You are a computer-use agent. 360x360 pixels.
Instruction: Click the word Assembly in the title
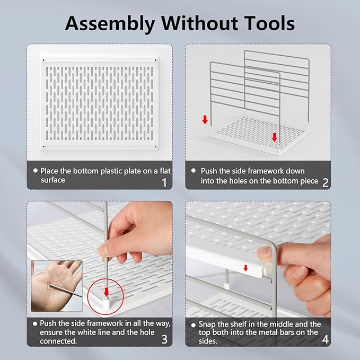pyautogui.click(x=110, y=24)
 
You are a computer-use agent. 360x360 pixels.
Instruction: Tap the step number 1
pyautogui.click(x=164, y=183)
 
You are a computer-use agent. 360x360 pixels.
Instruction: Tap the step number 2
pyautogui.click(x=326, y=183)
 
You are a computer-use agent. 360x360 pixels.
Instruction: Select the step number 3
pyautogui.click(x=164, y=339)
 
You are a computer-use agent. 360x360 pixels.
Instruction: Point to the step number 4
pyautogui.click(x=326, y=339)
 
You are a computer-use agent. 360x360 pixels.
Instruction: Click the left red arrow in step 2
pyautogui.click(x=205, y=120)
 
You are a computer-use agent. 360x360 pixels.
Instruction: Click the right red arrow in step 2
pyautogui.click(x=274, y=137)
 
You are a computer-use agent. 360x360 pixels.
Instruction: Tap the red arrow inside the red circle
pyautogui.click(x=106, y=292)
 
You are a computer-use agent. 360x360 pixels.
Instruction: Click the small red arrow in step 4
pyautogui.click(x=245, y=268)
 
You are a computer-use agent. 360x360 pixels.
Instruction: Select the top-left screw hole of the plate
pyautogui.click(x=43, y=60)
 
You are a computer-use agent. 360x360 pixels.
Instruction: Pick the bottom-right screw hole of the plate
pyautogui.click(x=155, y=146)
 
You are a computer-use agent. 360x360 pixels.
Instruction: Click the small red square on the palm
pyautogui.click(x=53, y=286)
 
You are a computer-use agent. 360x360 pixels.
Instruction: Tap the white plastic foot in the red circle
pyautogui.click(x=106, y=303)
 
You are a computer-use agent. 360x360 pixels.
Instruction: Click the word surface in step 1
pyautogui.click(x=53, y=180)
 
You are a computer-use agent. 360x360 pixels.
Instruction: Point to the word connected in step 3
pyautogui.click(x=58, y=341)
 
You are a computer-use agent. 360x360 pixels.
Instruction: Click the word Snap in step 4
pyautogui.click(x=207, y=324)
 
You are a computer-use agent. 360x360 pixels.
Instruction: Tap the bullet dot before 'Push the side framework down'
pyautogui.click(x=194, y=171)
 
